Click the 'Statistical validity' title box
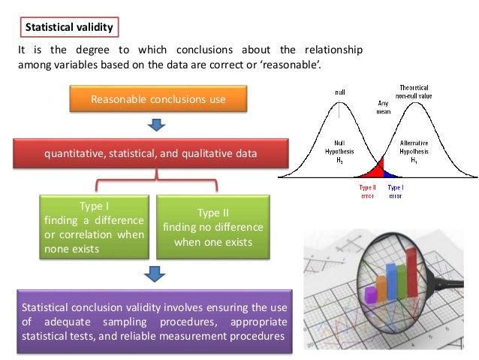[69, 28]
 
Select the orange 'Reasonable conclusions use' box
[158, 99]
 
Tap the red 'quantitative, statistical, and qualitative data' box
[150, 153]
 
